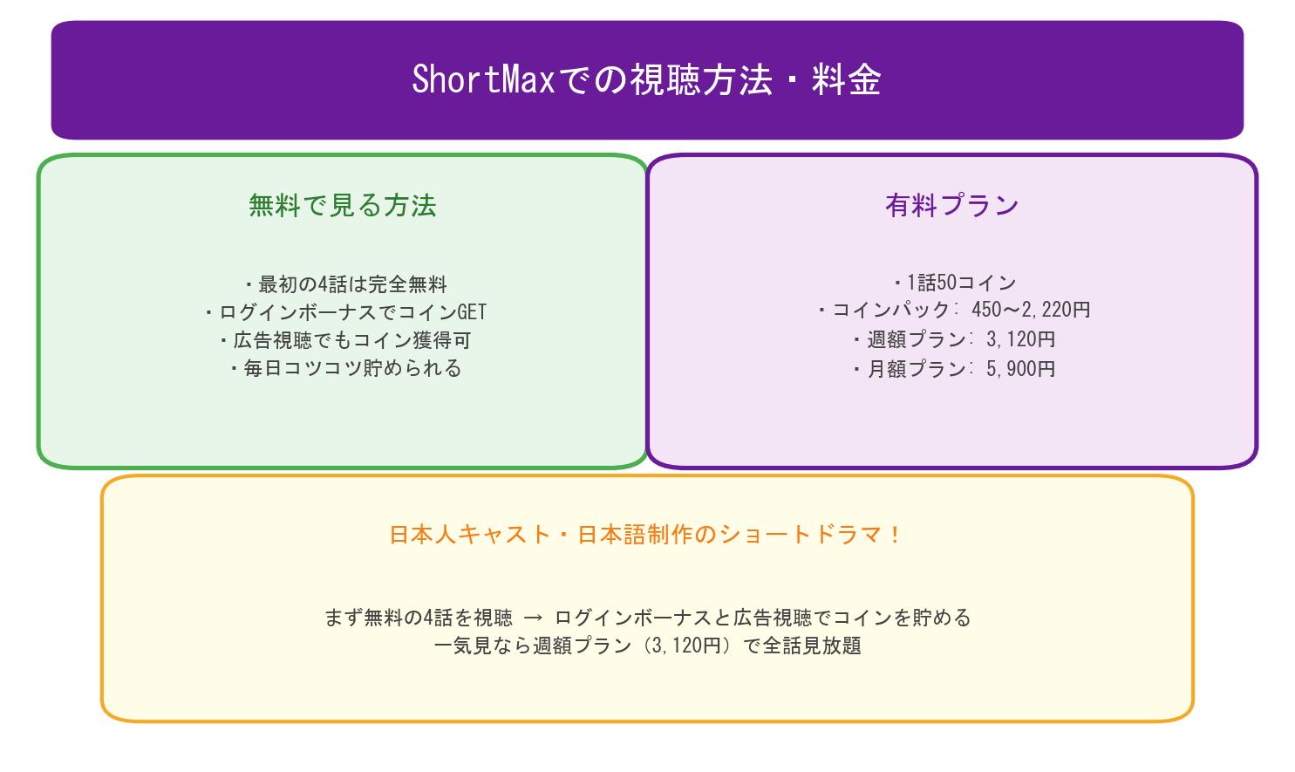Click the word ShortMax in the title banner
coord(482,79)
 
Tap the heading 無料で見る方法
coord(342,205)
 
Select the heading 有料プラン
coord(951,205)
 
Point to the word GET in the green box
coord(471,312)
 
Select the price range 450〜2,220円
coord(1030,310)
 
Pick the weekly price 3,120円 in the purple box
coord(1020,339)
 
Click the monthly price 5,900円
coord(1020,369)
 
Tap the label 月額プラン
coord(916,369)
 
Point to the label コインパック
coord(890,310)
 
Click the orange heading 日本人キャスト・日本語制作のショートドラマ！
coord(646,534)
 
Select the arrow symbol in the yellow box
coord(533,618)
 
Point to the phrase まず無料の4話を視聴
coord(418,618)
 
